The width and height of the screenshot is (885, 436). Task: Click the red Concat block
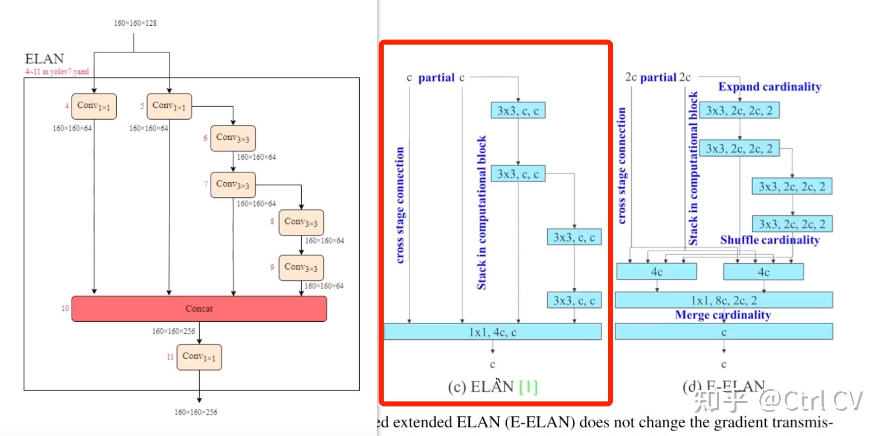[199, 309]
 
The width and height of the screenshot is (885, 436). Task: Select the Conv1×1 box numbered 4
[94, 106]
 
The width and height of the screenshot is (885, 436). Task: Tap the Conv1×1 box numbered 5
[169, 106]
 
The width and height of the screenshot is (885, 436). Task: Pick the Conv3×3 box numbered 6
[233, 138]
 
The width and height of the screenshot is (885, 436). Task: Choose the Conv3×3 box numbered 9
[301, 268]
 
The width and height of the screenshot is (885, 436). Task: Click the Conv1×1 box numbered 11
[199, 357]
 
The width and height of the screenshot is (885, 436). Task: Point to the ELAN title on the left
[45, 59]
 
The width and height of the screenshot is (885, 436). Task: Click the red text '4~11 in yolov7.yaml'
[57, 72]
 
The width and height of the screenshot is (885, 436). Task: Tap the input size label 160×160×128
[135, 23]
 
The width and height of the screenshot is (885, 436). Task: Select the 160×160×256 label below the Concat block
[174, 331]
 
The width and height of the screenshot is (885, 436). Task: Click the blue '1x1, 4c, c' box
[493, 332]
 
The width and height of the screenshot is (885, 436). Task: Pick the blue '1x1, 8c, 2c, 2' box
[724, 300]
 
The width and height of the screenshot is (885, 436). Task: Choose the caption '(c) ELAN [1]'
[493, 387]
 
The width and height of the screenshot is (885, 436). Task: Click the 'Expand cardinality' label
[769, 87]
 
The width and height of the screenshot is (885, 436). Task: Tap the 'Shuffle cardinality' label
[770, 240]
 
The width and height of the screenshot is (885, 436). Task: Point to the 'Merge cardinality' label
[723, 315]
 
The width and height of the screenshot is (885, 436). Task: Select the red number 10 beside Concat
[65, 309]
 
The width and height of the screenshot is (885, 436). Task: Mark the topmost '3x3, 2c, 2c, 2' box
[739, 110]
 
